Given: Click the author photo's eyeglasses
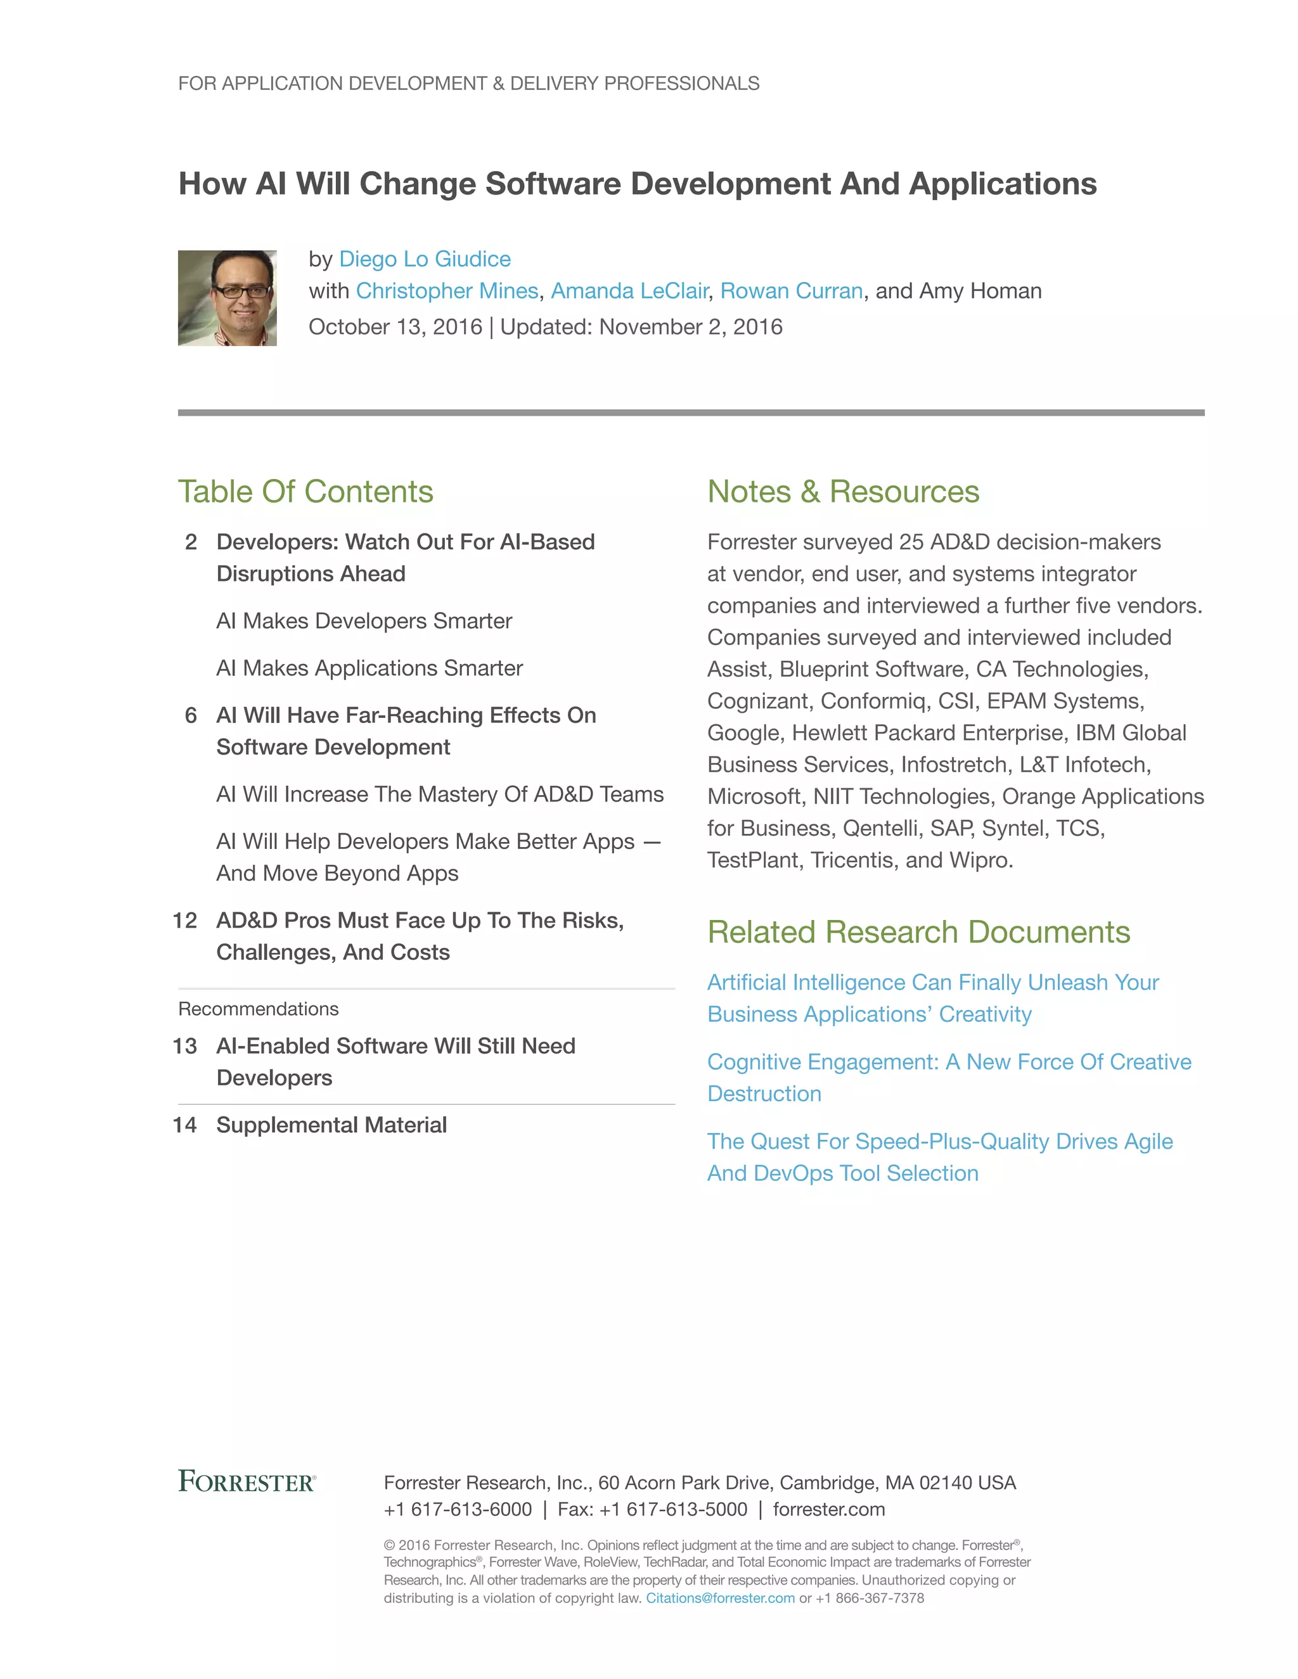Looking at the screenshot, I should pos(241,291).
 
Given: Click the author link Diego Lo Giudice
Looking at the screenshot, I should pos(425,259).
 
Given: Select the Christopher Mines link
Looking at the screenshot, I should pos(447,291).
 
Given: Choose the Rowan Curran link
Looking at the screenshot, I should pos(791,291).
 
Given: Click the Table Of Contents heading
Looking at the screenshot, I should pos(305,491).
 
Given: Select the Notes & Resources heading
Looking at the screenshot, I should pos(843,491).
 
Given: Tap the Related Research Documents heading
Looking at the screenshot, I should pos(918,932).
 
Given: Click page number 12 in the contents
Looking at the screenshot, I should pos(184,920).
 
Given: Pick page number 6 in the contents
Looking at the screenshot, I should pos(191,715).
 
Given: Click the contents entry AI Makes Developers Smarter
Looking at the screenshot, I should pos(364,620).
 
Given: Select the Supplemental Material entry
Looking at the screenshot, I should pos(331,1125).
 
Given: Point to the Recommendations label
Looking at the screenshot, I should pos(259,1009).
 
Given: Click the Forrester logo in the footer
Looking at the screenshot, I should pos(247,1481).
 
